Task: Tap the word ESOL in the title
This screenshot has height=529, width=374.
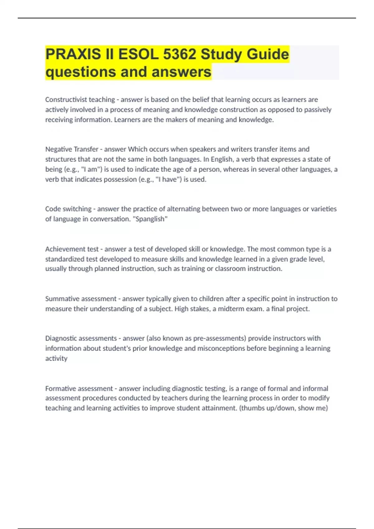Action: (138, 54)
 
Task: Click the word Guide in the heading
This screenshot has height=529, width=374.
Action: (268, 54)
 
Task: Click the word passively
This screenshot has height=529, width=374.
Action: (318, 110)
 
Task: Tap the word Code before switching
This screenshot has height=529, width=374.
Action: (53, 209)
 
